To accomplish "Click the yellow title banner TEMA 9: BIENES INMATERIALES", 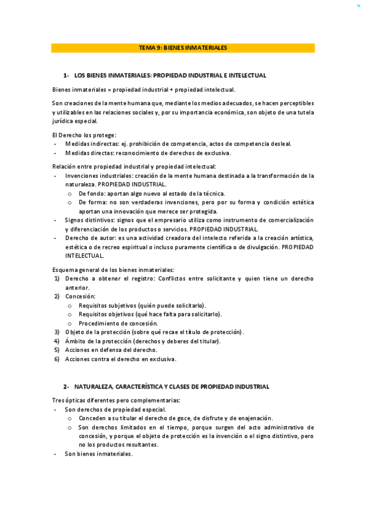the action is pos(183,48).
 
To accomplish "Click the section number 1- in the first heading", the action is pos(66,75).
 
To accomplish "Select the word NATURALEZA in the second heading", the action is pos(97,387).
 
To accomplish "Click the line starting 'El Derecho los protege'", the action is pos(84,134).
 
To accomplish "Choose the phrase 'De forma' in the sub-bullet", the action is pos(90,202).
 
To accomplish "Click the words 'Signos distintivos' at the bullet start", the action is pos(89,220).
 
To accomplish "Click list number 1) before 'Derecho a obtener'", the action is pos(56,279).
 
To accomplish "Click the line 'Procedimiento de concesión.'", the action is pos(118,323).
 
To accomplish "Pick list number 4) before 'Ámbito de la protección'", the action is pos(56,341).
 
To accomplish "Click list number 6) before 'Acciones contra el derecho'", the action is pos(56,359).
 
